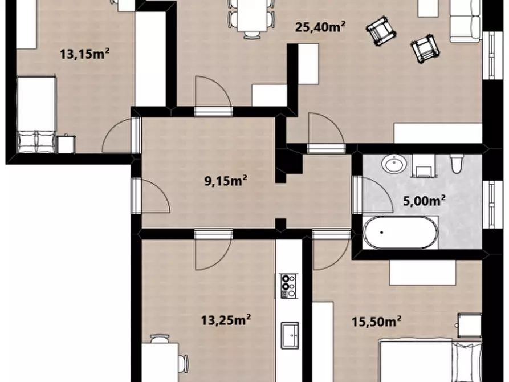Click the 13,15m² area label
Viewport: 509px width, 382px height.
[x=84, y=54]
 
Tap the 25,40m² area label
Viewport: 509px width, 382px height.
[x=320, y=27]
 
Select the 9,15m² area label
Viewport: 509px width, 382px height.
[x=226, y=180]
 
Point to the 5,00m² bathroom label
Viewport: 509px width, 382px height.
[x=424, y=201]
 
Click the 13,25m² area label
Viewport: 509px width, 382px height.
[x=226, y=320]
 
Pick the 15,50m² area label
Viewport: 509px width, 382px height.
[x=377, y=321]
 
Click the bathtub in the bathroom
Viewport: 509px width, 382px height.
[x=400, y=232]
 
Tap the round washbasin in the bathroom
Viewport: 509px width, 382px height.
[x=394, y=164]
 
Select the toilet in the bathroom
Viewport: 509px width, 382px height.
[x=456, y=164]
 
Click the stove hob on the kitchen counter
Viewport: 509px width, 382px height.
[x=288, y=286]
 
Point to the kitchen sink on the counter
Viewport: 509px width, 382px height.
[x=290, y=335]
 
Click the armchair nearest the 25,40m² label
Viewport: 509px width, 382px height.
[x=381, y=31]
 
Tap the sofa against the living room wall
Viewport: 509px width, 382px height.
[x=465, y=22]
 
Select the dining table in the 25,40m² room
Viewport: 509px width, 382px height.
[x=253, y=15]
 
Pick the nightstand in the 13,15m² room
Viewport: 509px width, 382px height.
[x=66, y=144]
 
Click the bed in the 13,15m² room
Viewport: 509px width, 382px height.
[x=36, y=115]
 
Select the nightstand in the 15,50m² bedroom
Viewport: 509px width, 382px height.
[x=470, y=325]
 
